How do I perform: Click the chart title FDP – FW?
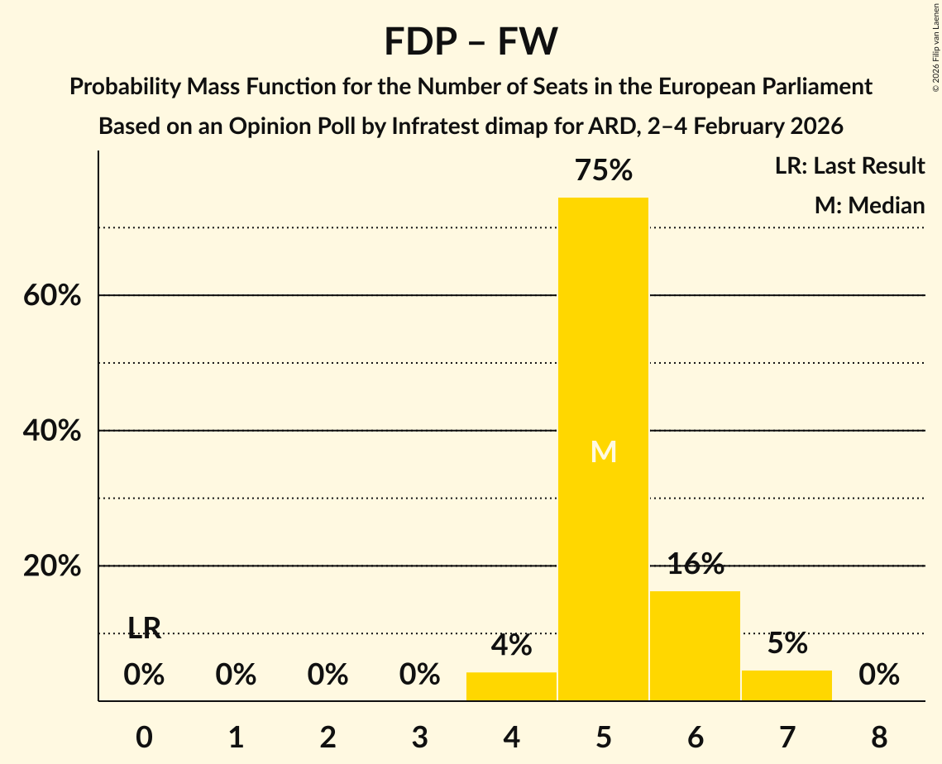point(471,41)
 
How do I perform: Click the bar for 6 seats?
point(695,646)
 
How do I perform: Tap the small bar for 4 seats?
point(511,686)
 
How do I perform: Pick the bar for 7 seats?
point(787,685)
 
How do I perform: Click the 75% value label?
point(603,171)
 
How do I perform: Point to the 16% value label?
point(695,565)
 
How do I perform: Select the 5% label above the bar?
point(787,643)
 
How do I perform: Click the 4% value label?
point(511,646)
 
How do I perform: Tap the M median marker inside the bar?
point(604,451)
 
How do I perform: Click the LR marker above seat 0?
point(144,629)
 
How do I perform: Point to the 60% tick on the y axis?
point(52,295)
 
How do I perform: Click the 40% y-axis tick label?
point(52,431)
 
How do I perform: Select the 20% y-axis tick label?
point(52,566)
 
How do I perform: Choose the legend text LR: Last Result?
point(849,166)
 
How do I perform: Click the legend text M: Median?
point(869,205)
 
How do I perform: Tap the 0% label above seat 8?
point(878,676)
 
